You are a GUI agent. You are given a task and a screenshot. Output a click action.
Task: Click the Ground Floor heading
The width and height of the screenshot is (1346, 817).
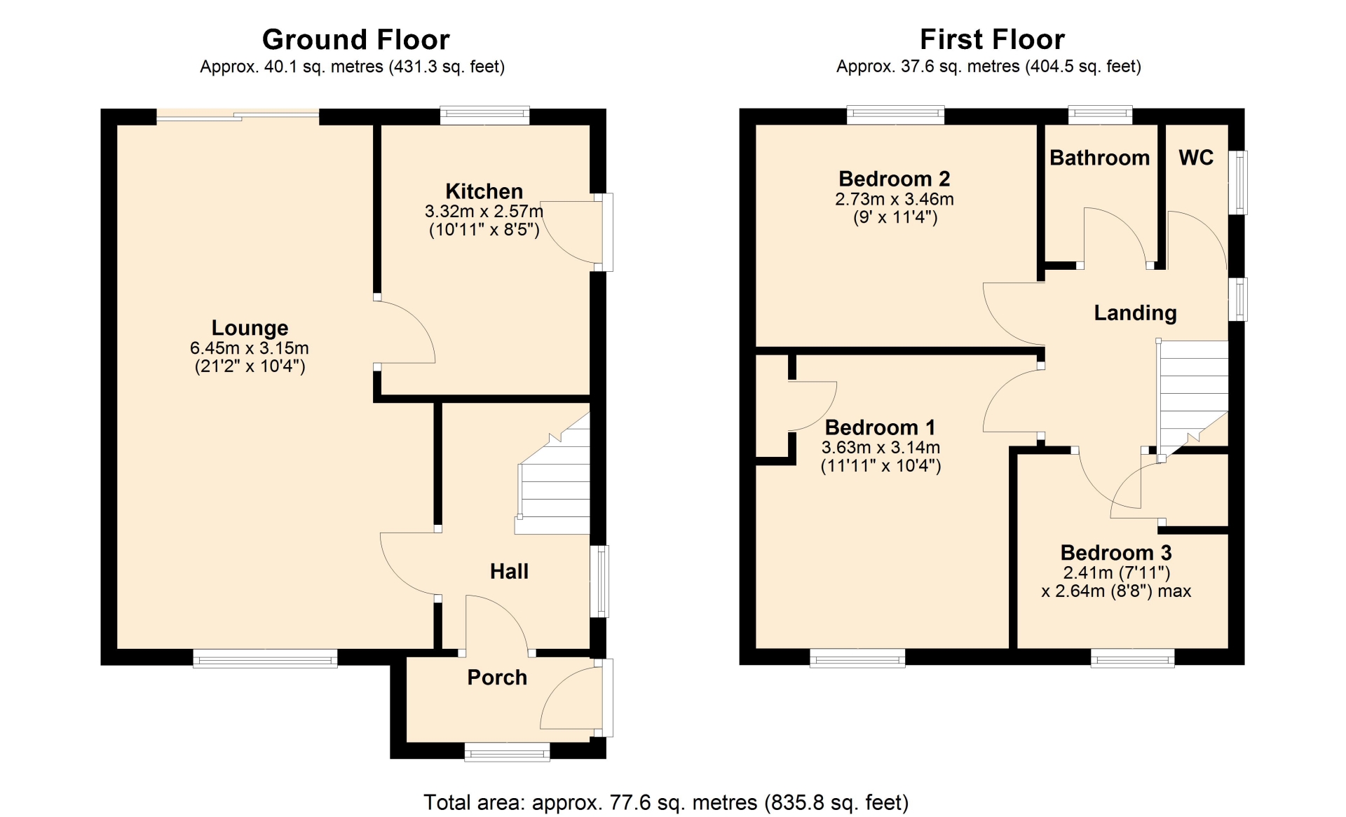355,40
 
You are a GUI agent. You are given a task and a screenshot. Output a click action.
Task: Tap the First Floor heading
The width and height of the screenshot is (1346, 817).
992,39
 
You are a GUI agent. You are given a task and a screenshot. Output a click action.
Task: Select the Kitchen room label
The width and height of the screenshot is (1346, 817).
484,191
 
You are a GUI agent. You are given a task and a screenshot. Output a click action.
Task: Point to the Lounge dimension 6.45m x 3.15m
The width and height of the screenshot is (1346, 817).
250,348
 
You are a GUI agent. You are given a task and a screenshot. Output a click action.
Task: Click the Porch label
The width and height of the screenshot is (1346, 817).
497,678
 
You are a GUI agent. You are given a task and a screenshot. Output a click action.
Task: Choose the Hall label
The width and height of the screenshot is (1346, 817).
509,571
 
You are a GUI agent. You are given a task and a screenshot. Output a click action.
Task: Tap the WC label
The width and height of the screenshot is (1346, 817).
1196,158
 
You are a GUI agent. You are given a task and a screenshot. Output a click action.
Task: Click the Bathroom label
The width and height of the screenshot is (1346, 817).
1099,158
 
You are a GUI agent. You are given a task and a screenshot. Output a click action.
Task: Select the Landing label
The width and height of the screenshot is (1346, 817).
1135,313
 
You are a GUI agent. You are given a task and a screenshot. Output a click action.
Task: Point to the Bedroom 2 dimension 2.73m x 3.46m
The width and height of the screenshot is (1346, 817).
895,199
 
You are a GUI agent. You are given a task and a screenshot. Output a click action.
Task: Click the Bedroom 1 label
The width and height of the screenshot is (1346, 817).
880,427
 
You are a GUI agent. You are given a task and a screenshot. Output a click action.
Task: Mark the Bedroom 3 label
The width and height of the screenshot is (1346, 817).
1116,553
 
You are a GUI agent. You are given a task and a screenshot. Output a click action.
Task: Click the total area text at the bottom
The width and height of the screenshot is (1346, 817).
666,802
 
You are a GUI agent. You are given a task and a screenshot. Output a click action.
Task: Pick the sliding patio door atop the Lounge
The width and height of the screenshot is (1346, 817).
238,116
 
